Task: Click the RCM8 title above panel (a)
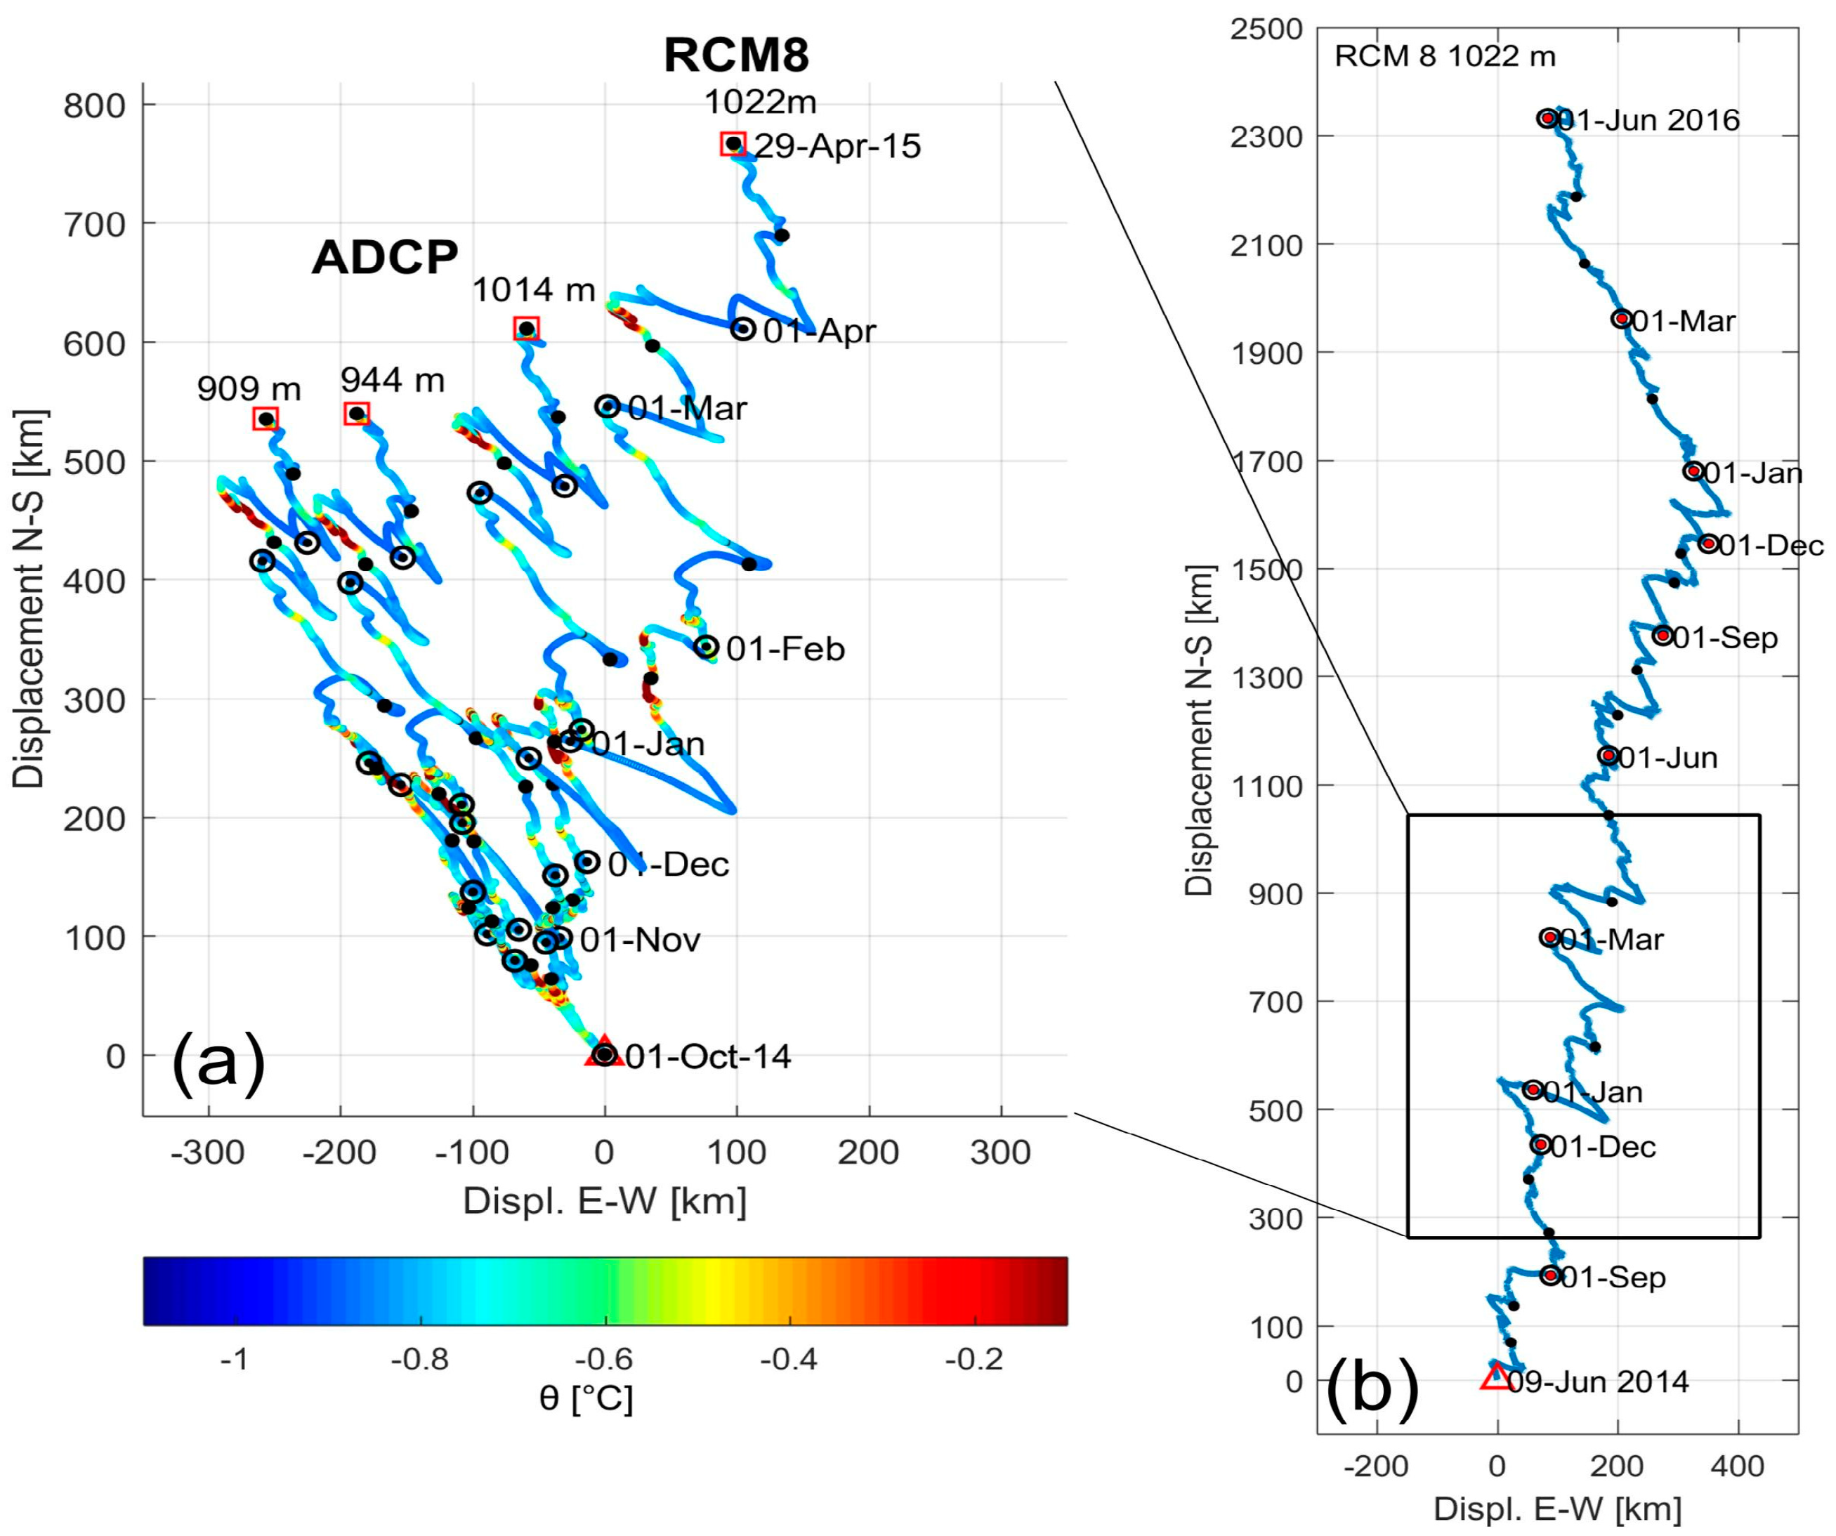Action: point(736,54)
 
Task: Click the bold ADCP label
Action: point(385,257)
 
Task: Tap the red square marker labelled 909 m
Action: point(265,419)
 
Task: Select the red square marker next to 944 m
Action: point(357,414)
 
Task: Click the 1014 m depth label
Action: point(533,289)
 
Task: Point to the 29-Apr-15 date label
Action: point(837,146)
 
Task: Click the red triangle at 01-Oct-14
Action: point(604,1051)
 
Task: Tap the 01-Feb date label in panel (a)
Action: point(785,649)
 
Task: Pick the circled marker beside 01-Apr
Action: point(742,329)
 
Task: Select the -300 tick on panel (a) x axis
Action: point(207,1153)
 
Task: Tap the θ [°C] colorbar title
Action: point(586,1399)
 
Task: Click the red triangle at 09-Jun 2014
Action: point(1496,1377)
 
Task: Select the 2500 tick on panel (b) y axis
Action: point(1265,29)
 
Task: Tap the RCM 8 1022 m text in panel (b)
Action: point(1444,57)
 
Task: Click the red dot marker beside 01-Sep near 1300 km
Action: point(1663,636)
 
